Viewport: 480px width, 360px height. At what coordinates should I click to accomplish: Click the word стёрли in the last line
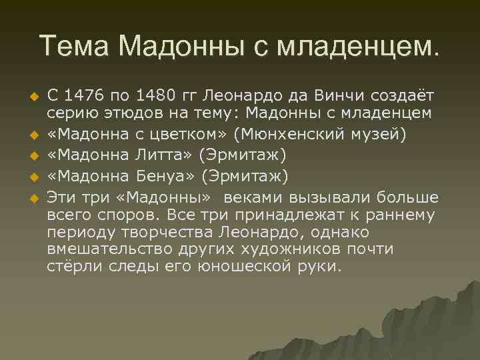pos(71,267)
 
